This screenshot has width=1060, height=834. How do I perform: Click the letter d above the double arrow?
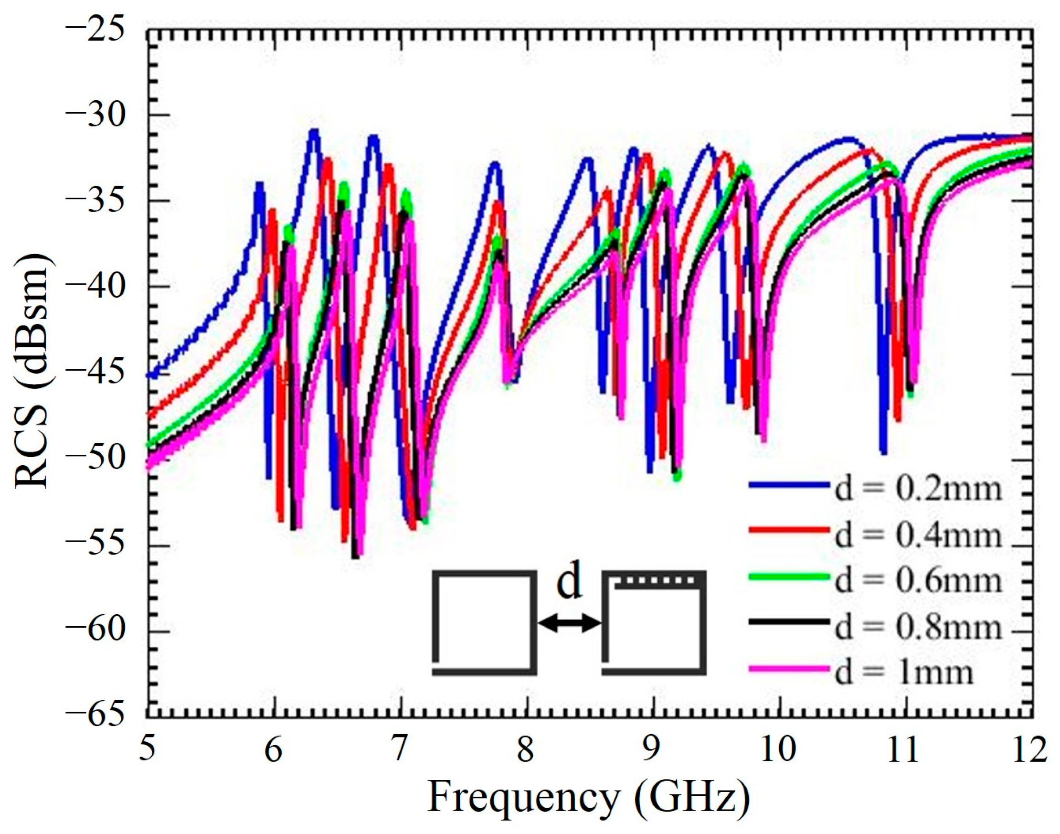coord(570,584)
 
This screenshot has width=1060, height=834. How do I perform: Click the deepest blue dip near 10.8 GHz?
coord(883,452)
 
